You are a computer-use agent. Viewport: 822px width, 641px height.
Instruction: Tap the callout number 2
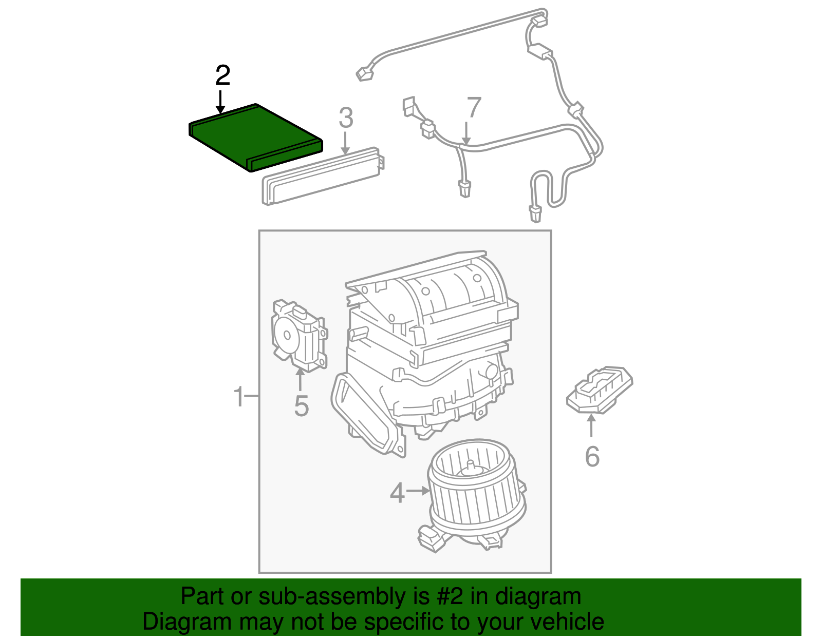tap(222, 76)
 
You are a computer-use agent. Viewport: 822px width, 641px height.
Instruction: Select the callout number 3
tap(346, 118)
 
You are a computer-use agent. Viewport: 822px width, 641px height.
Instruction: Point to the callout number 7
tap(473, 107)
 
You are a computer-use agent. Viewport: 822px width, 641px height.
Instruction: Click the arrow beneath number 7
tap(466, 133)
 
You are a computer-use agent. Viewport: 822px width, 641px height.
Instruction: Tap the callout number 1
tap(238, 397)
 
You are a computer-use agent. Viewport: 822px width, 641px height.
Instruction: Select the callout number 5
tap(301, 406)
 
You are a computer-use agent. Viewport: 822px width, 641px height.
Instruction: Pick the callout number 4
tap(397, 493)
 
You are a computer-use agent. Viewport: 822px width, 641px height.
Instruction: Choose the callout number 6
tap(592, 456)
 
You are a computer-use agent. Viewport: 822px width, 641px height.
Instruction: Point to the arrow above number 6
tap(591, 425)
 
